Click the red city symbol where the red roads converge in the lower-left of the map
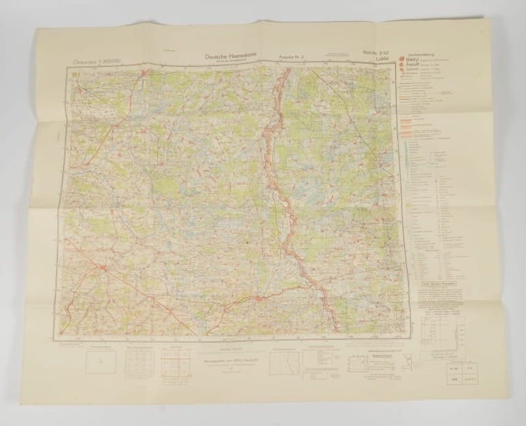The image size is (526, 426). pyautogui.click(x=103, y=270)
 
